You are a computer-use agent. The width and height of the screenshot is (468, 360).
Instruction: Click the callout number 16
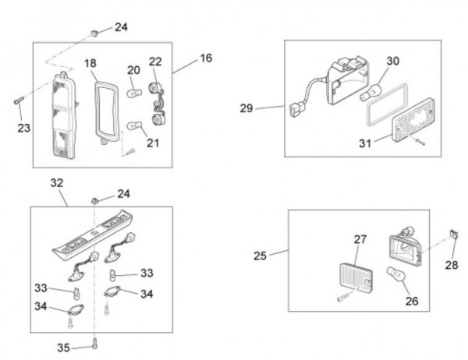point(206,58)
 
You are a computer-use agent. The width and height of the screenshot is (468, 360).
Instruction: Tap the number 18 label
point(91,62)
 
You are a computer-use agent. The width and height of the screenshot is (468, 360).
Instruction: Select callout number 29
point(246,108)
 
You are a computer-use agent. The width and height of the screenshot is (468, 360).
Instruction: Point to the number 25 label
point(260,254)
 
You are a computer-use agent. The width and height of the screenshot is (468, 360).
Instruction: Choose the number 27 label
point(360,240)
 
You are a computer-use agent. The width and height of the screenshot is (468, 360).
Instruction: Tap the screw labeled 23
point(19,101)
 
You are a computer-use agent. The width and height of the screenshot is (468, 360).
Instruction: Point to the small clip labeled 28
point(452,233)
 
